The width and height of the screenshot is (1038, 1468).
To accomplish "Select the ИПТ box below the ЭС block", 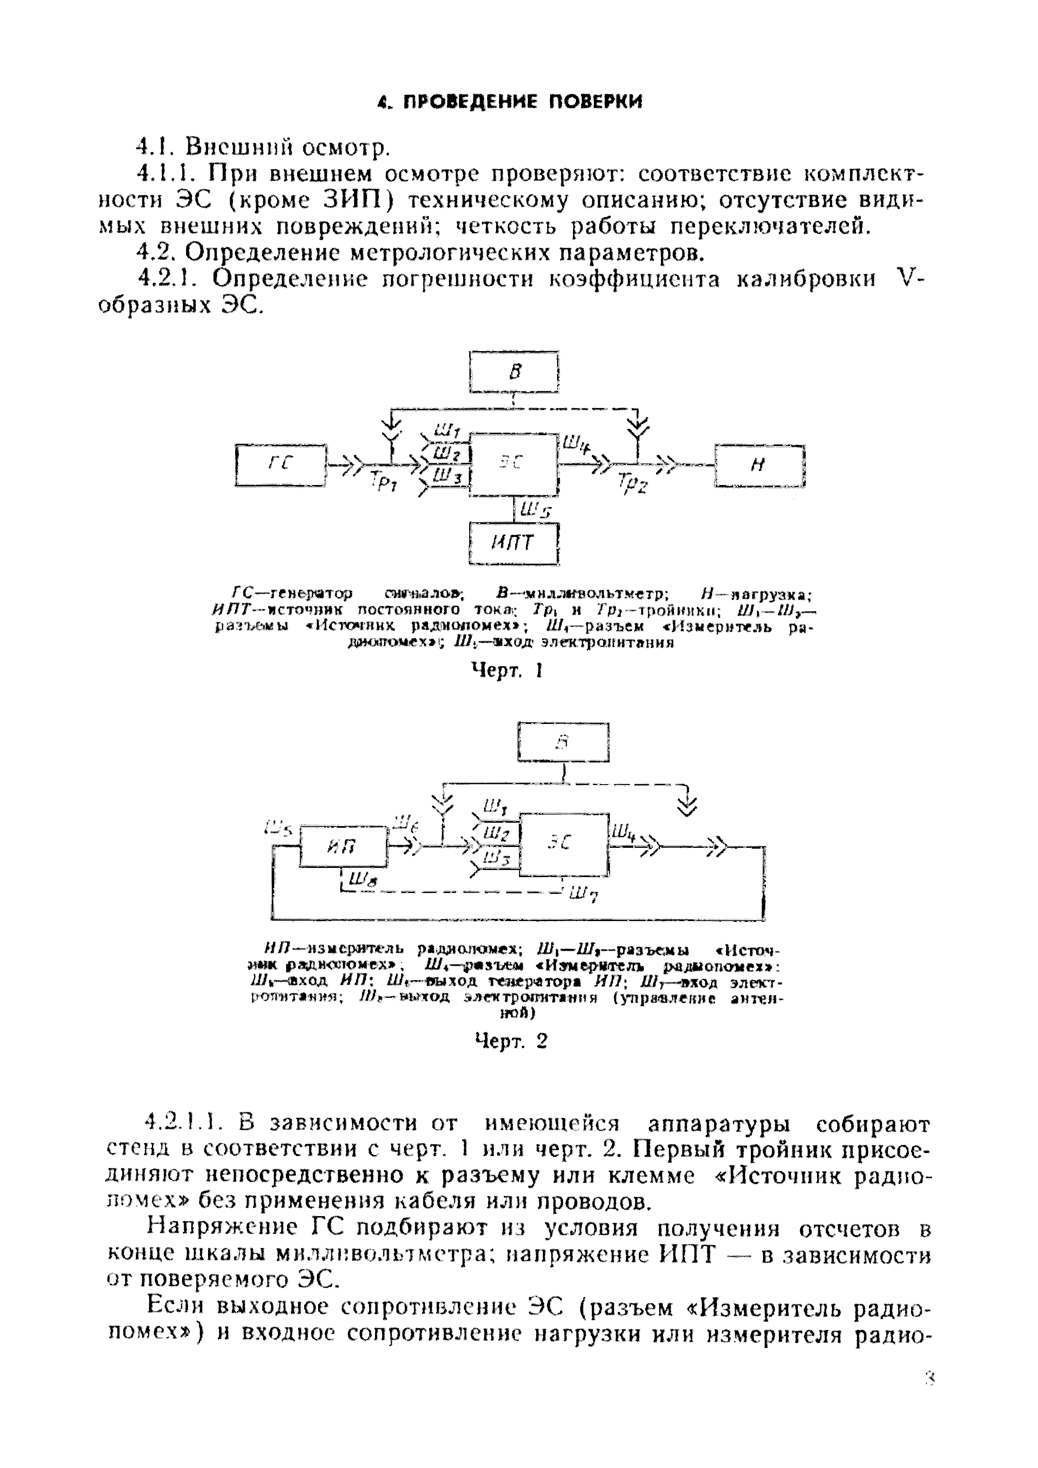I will point(514,544).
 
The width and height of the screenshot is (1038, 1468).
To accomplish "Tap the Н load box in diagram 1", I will point(759,465).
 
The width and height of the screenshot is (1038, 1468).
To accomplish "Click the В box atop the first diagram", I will point(514,372).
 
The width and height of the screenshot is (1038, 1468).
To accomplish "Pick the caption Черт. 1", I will point(506,670).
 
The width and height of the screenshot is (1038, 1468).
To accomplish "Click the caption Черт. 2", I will point(511,1042).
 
